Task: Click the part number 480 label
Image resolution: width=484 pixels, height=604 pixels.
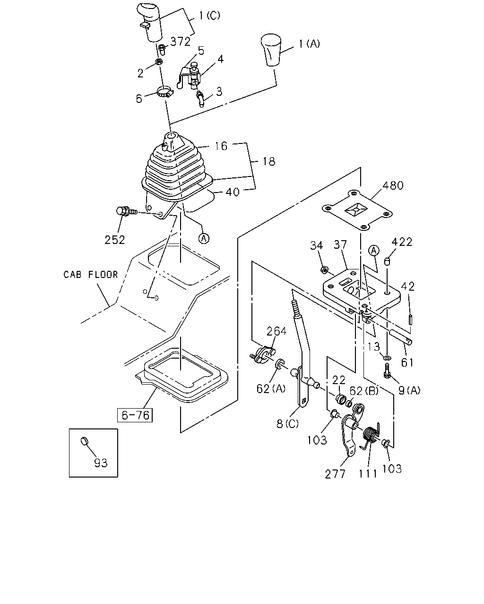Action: [393, 185]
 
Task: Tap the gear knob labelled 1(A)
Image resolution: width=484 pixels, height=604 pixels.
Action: [271, 50]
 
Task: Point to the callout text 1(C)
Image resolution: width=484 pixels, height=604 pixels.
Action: [209, 16]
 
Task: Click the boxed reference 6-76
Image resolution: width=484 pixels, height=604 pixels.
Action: [135, 415]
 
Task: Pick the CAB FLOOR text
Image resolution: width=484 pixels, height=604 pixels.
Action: [91, 274]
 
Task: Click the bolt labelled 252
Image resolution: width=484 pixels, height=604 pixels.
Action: [127, 211]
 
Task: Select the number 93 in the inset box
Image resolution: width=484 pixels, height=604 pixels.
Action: [101, 463]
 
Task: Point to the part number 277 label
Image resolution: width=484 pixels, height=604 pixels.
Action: [335, 474]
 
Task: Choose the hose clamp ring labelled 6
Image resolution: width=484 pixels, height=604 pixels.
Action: [165, 92]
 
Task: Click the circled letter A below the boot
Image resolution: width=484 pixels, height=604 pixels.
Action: [204, 239]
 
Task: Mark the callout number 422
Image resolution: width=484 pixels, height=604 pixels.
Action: [402, 242]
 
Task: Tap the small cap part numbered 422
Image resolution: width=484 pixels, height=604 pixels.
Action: [387, 261]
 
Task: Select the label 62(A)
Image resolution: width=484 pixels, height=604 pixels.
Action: [271, 389]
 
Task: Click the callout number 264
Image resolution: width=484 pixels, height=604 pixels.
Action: [277, 331]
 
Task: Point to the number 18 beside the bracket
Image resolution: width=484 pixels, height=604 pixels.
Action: [269, 162]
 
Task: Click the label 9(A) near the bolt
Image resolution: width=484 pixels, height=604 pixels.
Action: [409, 390]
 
